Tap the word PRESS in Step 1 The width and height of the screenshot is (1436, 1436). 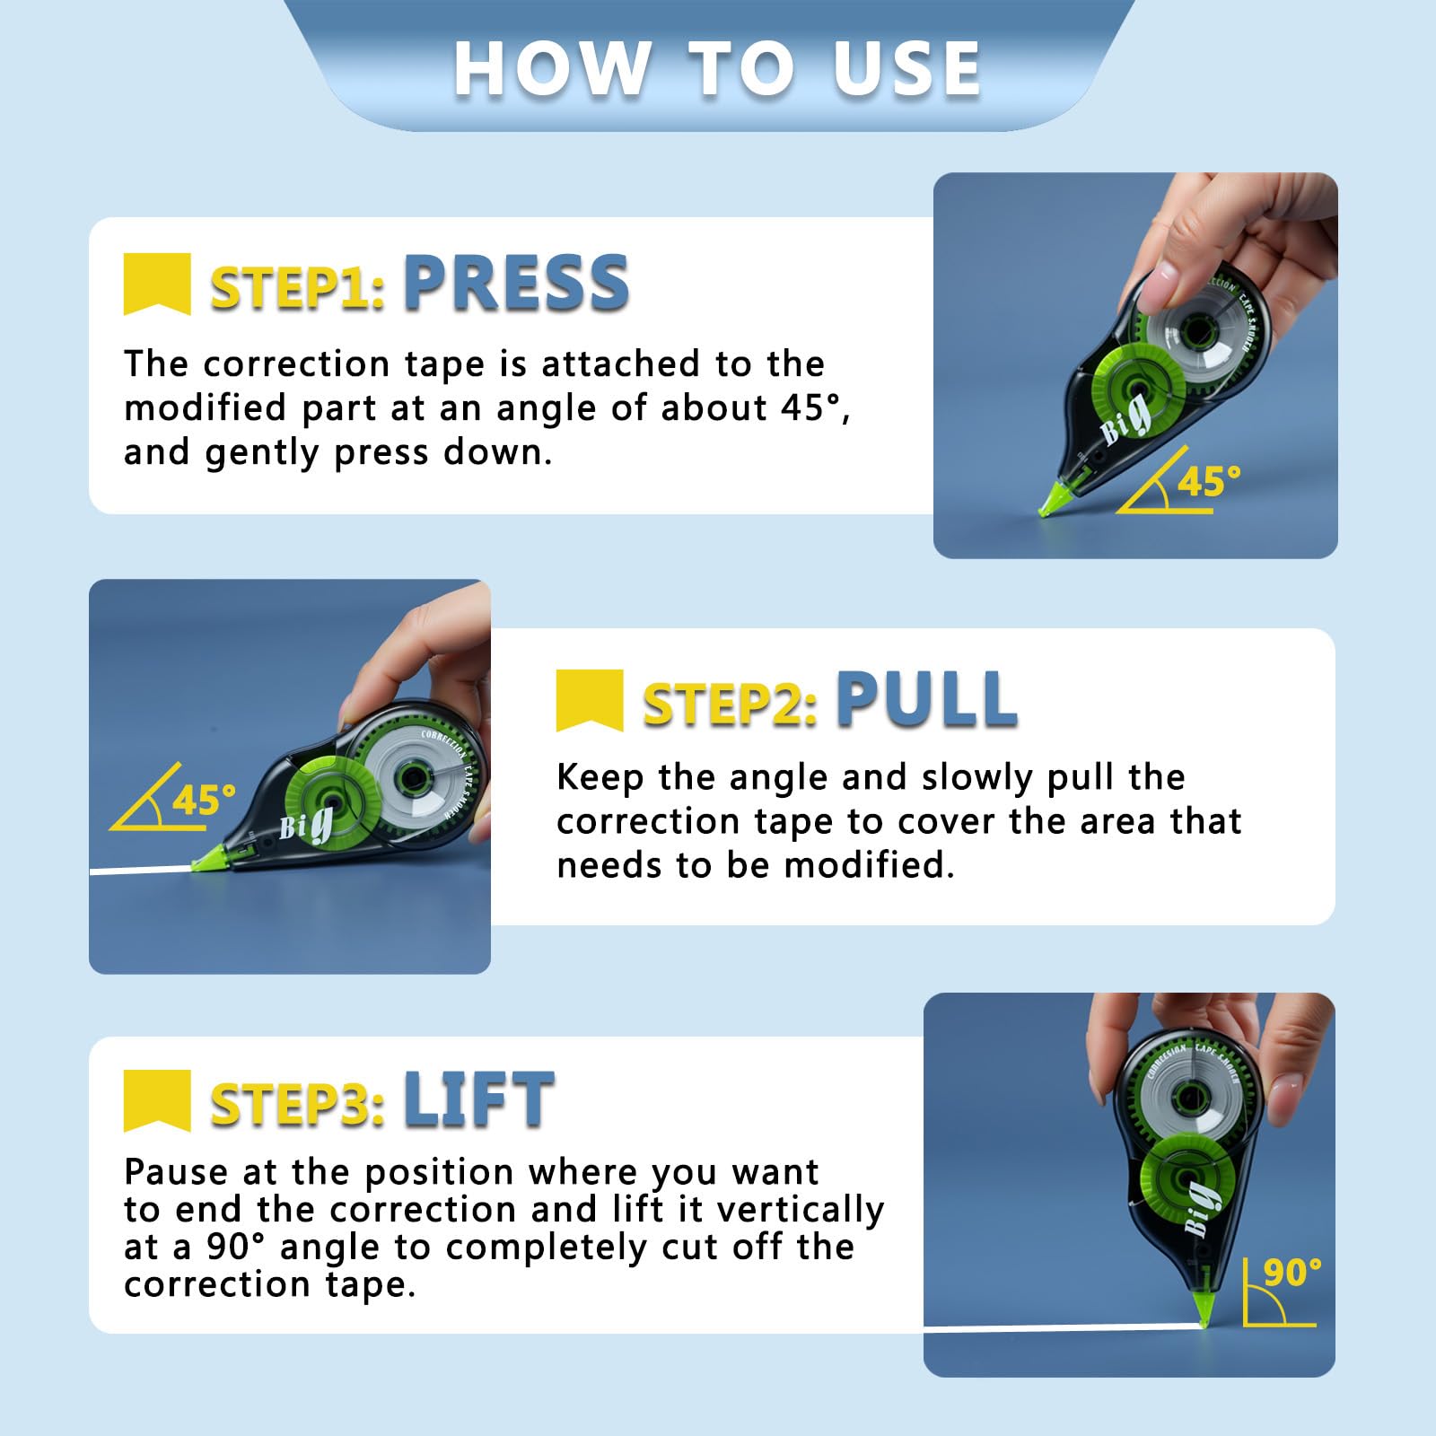pos(516,283)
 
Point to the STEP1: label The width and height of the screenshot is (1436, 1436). pos(298,288)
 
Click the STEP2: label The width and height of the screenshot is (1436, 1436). pos(731,704)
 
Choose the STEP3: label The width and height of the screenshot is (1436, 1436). pos(298,1104)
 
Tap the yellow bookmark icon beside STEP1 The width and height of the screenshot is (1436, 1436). pos(157,284)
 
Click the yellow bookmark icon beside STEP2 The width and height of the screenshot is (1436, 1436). pos(590,700)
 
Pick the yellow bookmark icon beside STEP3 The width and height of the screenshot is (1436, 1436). pos(157,1100)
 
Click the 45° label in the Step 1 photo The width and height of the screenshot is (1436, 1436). pos(1209,481)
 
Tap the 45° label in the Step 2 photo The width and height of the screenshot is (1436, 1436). pos(205,799)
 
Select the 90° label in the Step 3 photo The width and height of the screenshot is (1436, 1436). pos(1292,1272)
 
